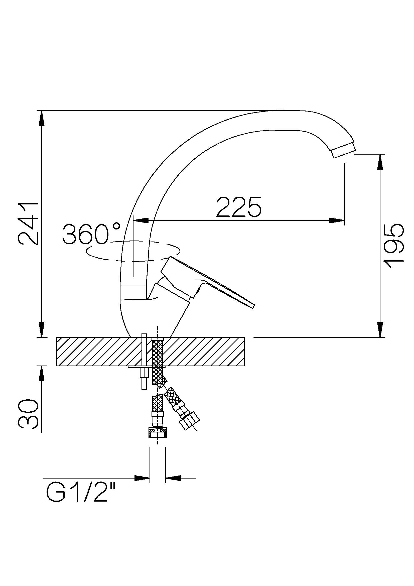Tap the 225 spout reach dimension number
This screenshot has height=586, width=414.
click(239, 207)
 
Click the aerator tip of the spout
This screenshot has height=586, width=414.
click(343, 151)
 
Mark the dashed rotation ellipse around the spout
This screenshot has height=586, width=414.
click(133, 251)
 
